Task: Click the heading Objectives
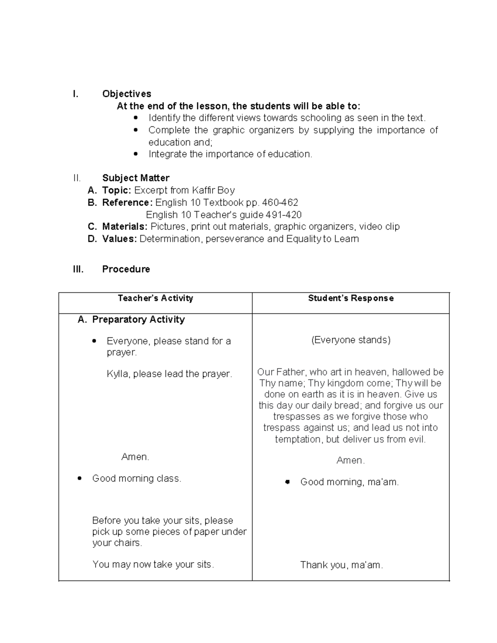click(x=126, y=94)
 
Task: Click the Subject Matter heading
click(x=135, y=178)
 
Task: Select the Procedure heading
click(x=126, y=269)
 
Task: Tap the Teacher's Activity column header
click(x=155, y=299)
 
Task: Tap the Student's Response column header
click(x=350, y=299)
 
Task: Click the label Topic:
click(x=117, y=190)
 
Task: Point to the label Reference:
click(x=128, y=202)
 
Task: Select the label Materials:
click(x=125, y=226)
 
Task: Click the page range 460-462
click(x=280, y=202)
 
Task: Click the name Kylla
click(x=118, y=374)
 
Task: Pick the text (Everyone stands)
click(x=351, y=340)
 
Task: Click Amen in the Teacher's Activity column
click(x=135, y=457)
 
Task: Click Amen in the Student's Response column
click(x=350, y=460)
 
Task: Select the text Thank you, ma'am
click(x=341, y=565)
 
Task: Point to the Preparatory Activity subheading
click(x=138, y=320)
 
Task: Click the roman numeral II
click(x=77, y=178)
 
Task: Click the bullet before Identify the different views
click(x=135, y=118)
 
